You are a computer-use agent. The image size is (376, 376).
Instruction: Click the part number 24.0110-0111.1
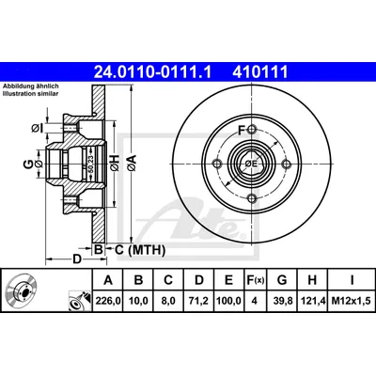(x=153, y=71)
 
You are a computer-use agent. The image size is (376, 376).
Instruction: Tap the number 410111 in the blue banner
(x=259, y=71)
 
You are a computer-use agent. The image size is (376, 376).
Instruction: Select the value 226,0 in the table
(x=108, y=301)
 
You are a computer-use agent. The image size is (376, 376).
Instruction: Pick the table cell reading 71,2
(x=199, y=301)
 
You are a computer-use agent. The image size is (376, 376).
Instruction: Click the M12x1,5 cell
(x=352, y=301)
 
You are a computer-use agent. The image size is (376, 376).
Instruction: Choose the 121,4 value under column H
(x=312, y=301)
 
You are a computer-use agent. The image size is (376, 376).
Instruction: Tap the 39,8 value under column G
(x=282, y=301)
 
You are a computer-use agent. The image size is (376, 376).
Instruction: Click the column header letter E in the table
(x=229, y=280)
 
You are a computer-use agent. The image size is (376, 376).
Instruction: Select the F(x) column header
(x=255, y=280)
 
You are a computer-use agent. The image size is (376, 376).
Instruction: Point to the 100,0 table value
(x=229, y=301)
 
